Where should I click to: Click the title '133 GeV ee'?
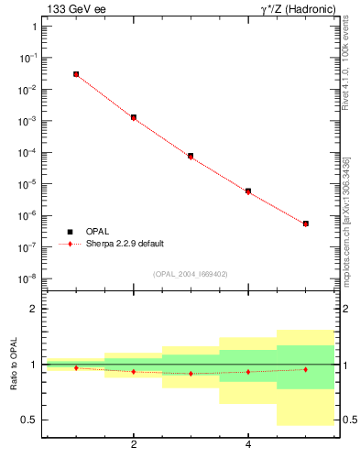[74, 10]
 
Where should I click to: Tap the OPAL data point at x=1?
[76, 74]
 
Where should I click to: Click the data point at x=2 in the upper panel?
[134, 117]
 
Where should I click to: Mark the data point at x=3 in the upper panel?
[191, 156]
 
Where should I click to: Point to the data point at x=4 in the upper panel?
[248, 191]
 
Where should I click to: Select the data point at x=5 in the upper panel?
[306, 224]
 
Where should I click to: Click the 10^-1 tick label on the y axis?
[27, 58]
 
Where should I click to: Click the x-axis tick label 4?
[248, 445]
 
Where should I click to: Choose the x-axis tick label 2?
[134, 445]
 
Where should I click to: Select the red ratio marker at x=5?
[306, 369]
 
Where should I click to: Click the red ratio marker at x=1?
[76, 367]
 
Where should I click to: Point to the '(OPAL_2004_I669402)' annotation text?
[191, 273]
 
